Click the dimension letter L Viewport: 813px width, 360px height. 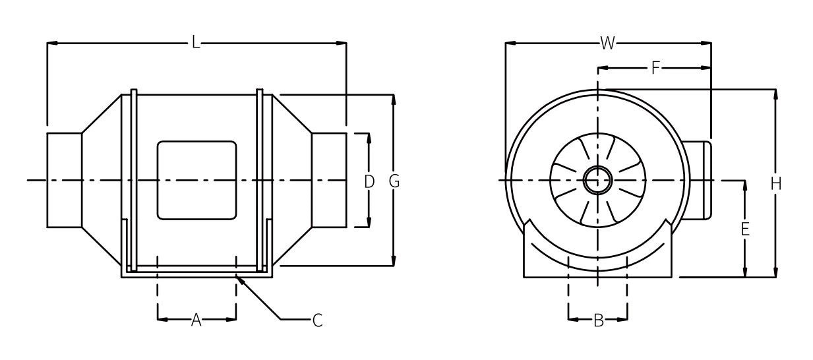click(196, 44)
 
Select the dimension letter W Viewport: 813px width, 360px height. click(607, 44)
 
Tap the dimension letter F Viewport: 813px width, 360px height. click(655, 67)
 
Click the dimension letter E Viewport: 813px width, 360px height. click(744, 229)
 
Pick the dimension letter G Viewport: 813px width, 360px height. click(394, 181)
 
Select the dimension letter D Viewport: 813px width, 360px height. click(369, 181)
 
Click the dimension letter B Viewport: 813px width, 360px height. click(598, 320)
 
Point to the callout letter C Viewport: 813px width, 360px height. click(317, 320)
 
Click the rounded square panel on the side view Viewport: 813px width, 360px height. click(196, 180)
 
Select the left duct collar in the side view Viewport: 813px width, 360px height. click(64, 180)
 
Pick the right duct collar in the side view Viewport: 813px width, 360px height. click(328, 180)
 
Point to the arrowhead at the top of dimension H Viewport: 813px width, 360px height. click(775, 92)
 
